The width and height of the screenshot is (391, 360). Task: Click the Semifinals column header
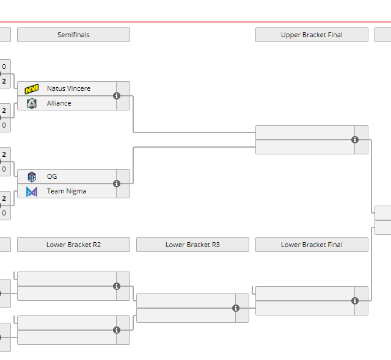[x=73, y=35]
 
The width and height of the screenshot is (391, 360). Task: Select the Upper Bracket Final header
[x=312, y=35]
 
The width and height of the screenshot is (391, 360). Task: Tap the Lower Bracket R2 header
[x=73, y=245]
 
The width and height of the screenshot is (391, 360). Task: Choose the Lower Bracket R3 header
[x=192, y=245]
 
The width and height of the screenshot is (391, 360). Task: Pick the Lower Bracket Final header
[x=312, y=245]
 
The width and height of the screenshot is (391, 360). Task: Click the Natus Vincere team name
[x=68, y=88]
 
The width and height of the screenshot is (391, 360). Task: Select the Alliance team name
[x=59, y=103]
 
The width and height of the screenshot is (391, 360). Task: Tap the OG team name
[x=52, y=176]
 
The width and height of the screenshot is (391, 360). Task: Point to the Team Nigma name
[x=67, y=191]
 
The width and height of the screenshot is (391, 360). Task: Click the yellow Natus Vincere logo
[x=32, y=89]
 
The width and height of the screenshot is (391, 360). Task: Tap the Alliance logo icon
[x=32, y=104]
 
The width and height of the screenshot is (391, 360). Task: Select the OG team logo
[x=32, y=177]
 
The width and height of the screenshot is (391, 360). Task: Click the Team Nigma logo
[x=32, y=192]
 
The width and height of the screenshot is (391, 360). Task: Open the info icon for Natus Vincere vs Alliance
[x=117, y=96]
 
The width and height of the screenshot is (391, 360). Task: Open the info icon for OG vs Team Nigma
[x=117, y=184]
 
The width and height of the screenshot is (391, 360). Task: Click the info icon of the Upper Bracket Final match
[x=355, y=140]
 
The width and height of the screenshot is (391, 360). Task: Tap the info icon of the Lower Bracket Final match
[x=355, y=301]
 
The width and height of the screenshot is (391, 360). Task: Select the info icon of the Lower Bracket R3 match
[x=236, y=308]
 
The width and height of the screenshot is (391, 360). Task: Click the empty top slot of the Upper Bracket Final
[x=304, y=132]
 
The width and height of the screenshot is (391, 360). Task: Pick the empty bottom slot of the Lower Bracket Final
[x=304, y=308]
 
